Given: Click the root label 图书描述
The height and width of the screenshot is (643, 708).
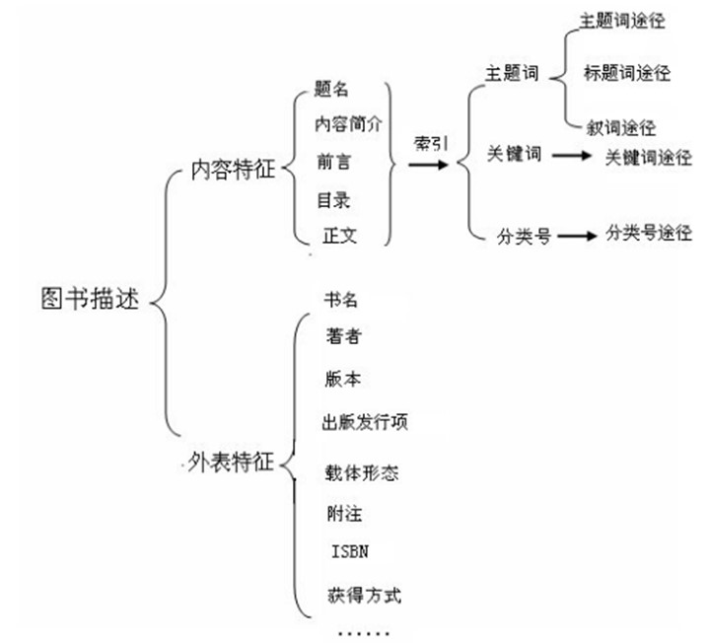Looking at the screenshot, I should tap(95, 297).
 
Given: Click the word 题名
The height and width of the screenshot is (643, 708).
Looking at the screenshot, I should tap(332, 90).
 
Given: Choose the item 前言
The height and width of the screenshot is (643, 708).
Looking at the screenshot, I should tap(333, 161).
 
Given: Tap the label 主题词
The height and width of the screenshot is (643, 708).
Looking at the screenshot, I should tap(512, 75).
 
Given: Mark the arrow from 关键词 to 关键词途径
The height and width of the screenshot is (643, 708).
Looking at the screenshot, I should tap(571, 156).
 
